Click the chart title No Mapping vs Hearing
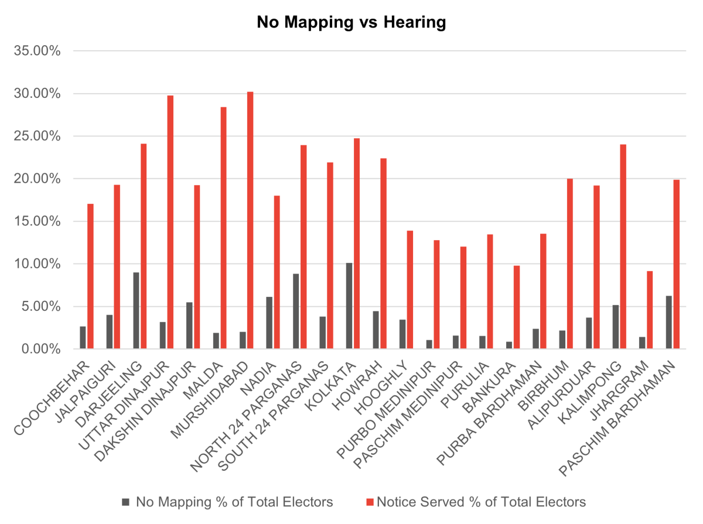coord(351,22)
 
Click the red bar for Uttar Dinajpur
coord(170,222)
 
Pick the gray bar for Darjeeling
coord(136,310)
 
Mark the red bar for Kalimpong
coord(623,246)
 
